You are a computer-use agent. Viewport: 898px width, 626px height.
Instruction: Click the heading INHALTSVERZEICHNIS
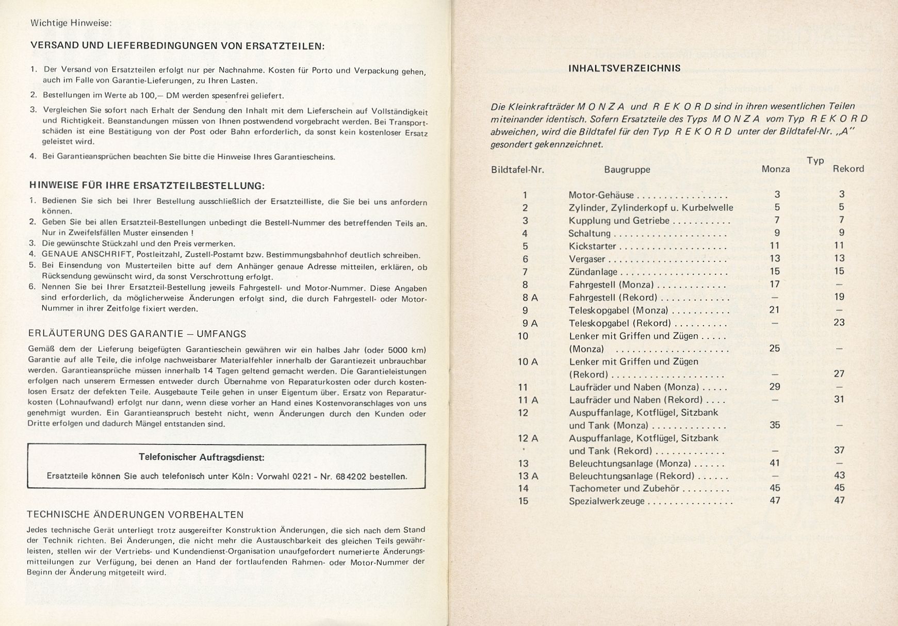pyautogui.click(x=624, y=68)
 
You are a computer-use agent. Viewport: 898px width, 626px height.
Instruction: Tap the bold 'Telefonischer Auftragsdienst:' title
pyautogui.click(x=202, y=457)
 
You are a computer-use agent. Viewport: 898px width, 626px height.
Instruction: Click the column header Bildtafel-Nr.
pyautogui.click(x=517, y=169)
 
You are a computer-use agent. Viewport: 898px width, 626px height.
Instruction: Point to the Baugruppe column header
pyautogui.click(x=627, y=169)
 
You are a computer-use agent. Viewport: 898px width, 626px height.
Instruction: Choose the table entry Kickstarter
pyautogui.click(x=592, y=246)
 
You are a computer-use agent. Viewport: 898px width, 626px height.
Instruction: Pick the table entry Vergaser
pyautogui.click(x=587, y=259)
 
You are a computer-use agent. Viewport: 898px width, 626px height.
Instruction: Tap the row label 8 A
pyautogui.click(x=530, y=298)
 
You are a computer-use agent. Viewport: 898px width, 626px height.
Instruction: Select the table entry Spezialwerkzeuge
pyautogui.click(x=607, y=501)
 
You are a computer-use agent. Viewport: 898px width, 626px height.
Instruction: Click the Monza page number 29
pyautogui.click(x=774, y=387)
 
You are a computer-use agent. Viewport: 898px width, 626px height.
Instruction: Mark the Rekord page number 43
pyautogui.click(x=839, y=475)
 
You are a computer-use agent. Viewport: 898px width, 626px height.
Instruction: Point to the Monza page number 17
pyautogui.click(x=775, y=284)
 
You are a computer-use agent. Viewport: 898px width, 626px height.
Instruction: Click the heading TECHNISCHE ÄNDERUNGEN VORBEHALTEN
pyautogui.click(x=135, y=515)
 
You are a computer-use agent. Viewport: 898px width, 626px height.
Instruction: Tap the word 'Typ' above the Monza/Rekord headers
pyautogui.click(x=815, y=160)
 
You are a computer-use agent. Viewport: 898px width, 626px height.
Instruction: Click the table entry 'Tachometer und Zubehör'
pyautogui.click(x=624, y=488)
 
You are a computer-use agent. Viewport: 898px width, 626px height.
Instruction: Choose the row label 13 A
pyautogui.click(x=528, y=476)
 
